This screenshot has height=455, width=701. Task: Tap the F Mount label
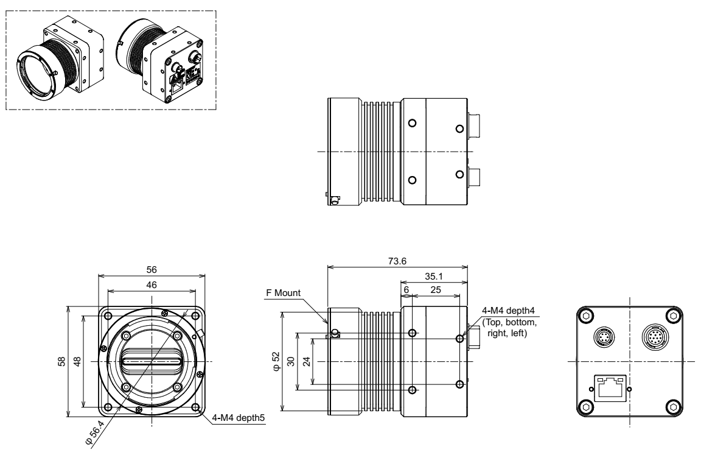point(284,293)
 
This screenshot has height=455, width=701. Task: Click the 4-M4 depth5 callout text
point(238,418)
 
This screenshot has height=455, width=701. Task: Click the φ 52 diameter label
point(276,362)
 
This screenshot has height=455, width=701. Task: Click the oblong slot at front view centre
point(150,361)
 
